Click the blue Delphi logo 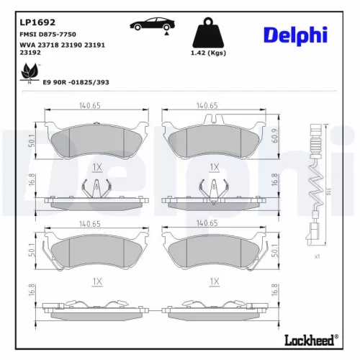(294, 34)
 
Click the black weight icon (210, 33)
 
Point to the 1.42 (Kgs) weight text (211, 54)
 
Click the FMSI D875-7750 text (47, 35)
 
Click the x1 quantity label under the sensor (317, 256)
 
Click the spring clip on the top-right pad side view (212, 190)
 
